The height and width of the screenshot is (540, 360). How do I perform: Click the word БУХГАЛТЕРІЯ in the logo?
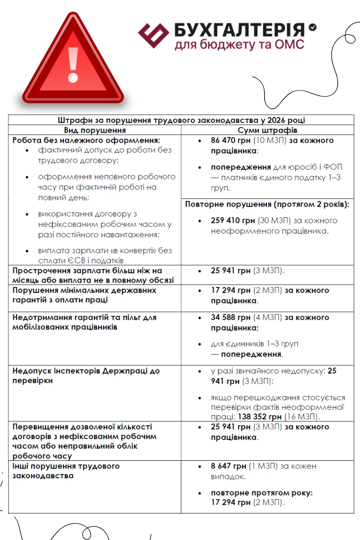[239, 30]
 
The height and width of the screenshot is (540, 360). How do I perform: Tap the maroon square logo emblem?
[153, 36]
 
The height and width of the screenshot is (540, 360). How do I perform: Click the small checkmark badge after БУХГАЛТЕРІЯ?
[312, 28]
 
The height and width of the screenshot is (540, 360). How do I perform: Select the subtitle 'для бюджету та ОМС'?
[239, 45]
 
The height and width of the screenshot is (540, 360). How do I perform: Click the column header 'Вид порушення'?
[94, 130]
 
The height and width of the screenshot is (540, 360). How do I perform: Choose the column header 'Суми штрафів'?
[270, 130]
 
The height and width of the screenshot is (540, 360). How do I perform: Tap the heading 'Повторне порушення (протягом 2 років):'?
[267, 204]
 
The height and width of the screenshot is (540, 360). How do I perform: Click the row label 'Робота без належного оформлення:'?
[86, 140]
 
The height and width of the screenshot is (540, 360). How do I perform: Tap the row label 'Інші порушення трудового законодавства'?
[66, 471]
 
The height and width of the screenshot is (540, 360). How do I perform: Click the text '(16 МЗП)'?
[303, 416]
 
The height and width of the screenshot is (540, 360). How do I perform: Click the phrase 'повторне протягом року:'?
[261, 493]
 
